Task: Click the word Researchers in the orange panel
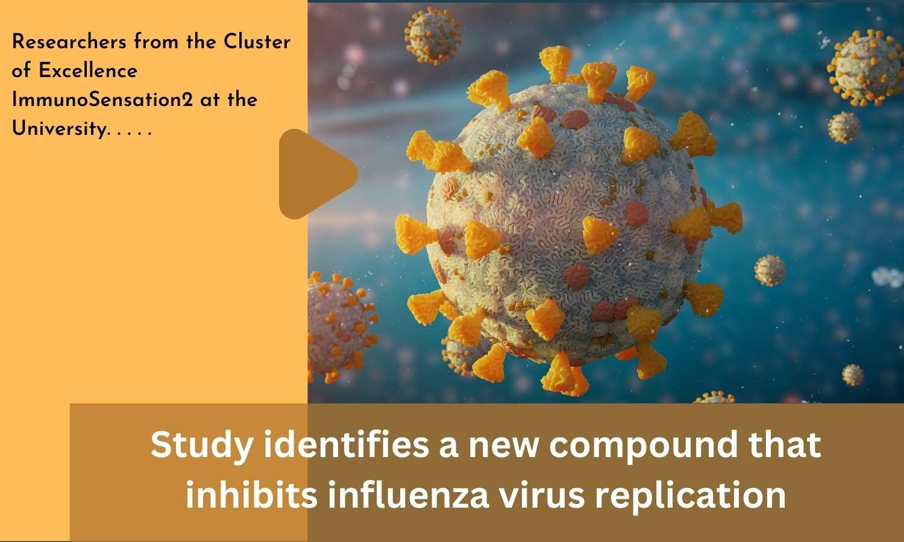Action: tap(69, 42)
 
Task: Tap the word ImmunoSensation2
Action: tap(102, 99)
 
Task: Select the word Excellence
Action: tap(88, 70)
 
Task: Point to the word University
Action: tap(60, 129)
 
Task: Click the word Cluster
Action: tap(257, 42)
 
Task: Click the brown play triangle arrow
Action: tap(315, 174)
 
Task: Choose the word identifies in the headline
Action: tap(347, 445)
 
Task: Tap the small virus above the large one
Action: tap(433, 36)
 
